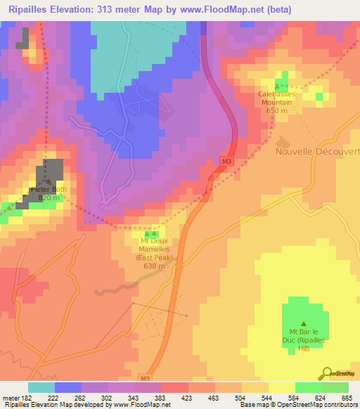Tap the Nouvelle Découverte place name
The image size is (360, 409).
coord(318,151)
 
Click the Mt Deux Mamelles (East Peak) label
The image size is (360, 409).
coord(153,253)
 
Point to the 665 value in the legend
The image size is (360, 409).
coord(347,398)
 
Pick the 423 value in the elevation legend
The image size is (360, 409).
coord(187,398)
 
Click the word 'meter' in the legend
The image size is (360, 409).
coord(10,398)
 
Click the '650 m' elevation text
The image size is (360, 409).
coord(284,110)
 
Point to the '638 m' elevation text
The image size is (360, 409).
coord(153,266)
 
